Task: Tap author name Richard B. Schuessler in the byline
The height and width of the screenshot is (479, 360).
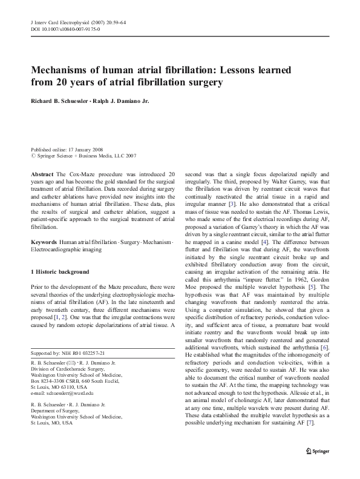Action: (63, 101)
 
